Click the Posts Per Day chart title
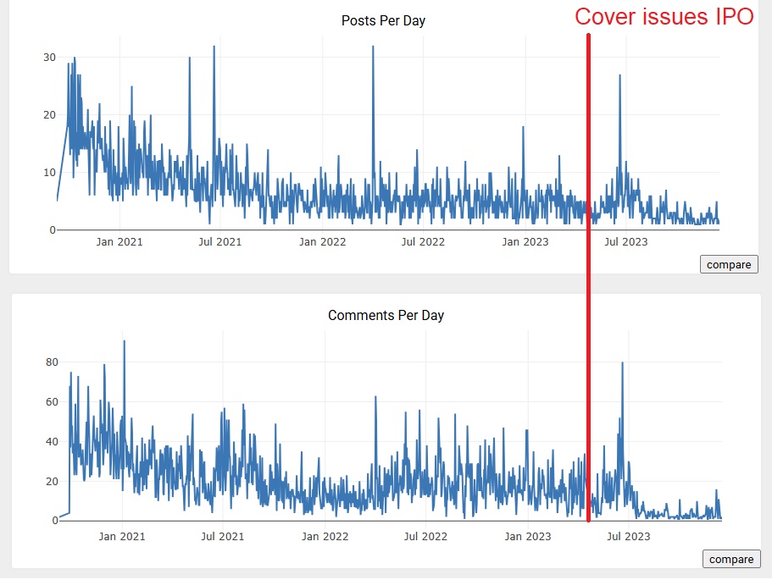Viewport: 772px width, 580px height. (x=383, y=20)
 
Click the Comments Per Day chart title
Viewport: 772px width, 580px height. (x=386, y=315)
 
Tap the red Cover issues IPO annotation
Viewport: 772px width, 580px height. (x=664, y=17)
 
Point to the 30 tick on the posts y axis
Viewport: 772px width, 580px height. (x=50, y=58)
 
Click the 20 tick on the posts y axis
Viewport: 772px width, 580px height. (x=50, y=115)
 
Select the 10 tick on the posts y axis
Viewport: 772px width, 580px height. (x=50, y=173)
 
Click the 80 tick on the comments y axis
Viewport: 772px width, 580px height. (x=51, y=362)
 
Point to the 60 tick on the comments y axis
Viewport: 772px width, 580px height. (x=51, y=402)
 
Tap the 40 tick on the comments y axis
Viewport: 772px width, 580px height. (x=51, y=442)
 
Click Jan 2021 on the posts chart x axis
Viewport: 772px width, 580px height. (x=119, y=241)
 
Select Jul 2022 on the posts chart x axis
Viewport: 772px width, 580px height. (x=423, y=241)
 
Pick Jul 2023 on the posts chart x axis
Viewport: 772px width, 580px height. (x=625, y=241)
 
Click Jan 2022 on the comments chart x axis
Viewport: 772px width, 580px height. (x=325, y=536)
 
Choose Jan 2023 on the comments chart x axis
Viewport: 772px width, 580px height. (x=527, y=536)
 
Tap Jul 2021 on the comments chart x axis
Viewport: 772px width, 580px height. (x=222, y=536)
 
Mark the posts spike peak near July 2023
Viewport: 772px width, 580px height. (x=620, y=75)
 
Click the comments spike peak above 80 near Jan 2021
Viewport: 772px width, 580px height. (x=124, y=341)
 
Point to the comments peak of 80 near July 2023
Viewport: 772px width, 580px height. (x=623, y=363)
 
